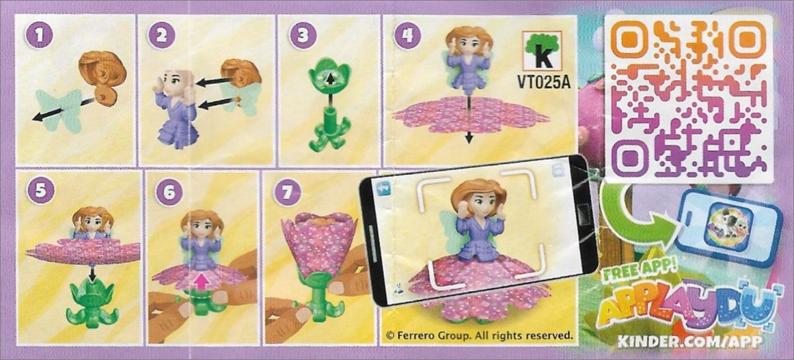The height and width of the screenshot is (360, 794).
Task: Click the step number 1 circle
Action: tap(39, 35)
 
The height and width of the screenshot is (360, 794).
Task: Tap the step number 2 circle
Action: tap(161, 35)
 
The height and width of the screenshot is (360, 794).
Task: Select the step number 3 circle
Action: tap(303, 35)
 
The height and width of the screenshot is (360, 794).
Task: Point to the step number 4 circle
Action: tap(407, 35)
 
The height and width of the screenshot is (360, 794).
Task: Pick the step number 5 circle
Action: tap(41, 191)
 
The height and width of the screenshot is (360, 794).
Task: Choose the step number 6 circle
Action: tap(169, 192)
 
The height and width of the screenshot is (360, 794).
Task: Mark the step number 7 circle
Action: tap(287, 192)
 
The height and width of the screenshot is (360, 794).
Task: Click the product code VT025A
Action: tap(543, 83)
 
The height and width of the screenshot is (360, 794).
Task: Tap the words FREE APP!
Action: tap(640, 272)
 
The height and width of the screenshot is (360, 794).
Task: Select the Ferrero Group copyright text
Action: tap(479, 335)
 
